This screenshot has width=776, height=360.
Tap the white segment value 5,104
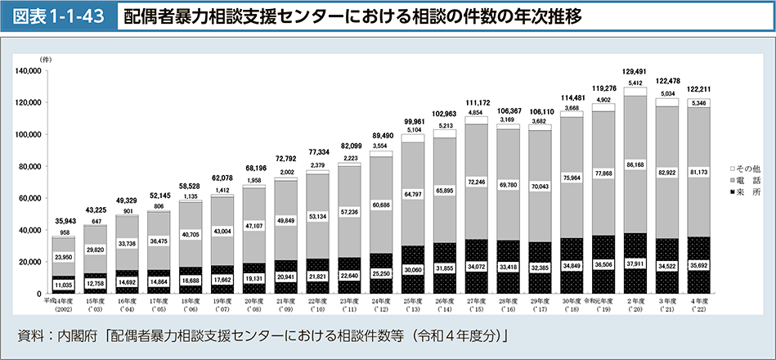pos(413,129)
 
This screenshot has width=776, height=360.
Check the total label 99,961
pos(413,120)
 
